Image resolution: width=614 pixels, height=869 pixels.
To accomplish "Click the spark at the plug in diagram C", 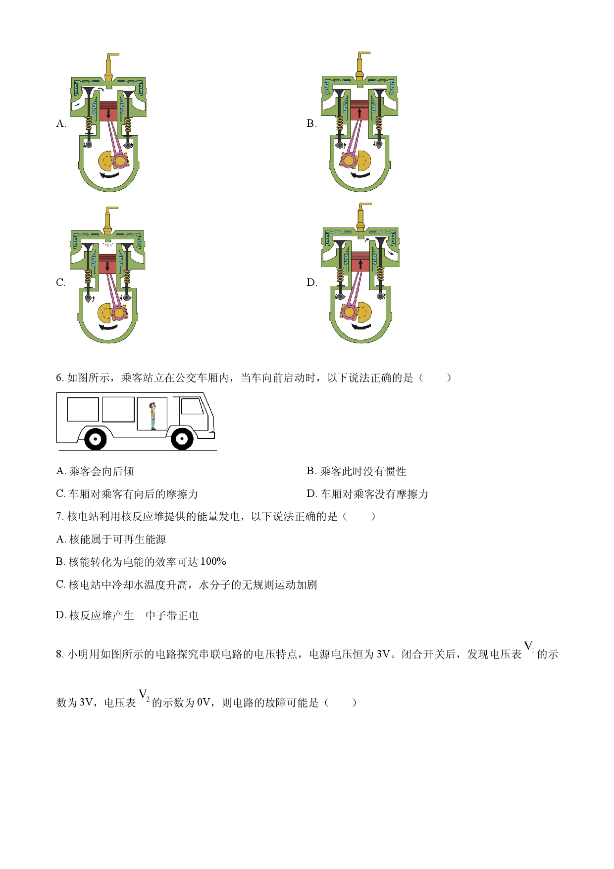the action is coord(108,244).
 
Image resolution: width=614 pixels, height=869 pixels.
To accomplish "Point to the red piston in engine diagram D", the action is coord(360,262).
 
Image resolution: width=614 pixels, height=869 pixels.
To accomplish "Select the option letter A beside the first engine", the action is coord(61,123).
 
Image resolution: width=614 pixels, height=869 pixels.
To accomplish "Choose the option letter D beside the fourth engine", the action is coord(311,282).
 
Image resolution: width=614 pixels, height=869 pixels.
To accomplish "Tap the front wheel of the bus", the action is coord(182,438).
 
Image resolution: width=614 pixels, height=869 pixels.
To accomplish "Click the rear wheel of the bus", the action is coord(95,438).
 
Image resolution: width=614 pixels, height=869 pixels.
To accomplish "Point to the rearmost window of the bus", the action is coord(83,410).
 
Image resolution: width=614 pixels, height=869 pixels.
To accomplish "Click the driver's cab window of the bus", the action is coord(192,406).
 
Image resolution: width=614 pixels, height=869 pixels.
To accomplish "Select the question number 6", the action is coord(59,378).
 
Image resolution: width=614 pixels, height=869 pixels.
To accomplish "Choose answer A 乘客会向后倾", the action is coord(95,471).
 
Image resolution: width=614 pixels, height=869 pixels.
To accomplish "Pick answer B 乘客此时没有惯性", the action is coord(357,471).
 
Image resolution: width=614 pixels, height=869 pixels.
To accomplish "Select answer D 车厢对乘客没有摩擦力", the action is coord(367,494).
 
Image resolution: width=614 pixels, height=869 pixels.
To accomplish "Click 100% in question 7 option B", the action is coord(213,561).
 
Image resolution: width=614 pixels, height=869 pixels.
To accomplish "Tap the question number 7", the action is coord(59,516).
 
